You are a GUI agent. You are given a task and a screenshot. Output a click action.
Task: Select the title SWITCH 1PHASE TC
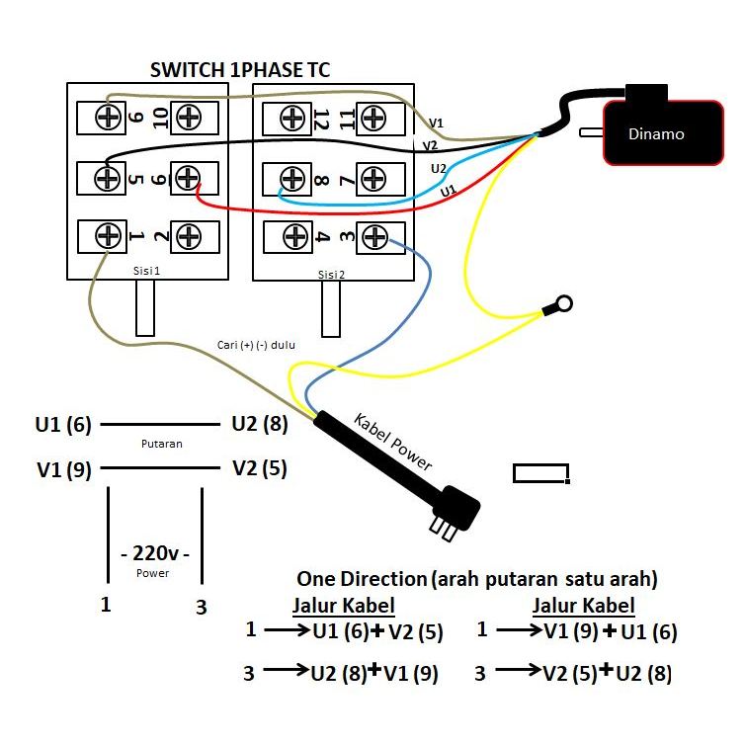click(x=240, y=70)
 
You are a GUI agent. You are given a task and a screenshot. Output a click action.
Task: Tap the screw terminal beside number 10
click(x=189, y=118)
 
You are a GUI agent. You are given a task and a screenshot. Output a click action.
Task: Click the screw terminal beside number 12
click(x=291, y=119)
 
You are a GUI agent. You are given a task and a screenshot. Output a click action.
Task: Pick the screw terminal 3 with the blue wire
click(x=373, y=236)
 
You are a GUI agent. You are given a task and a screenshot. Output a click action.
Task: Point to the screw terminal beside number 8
click(x=291, y=178)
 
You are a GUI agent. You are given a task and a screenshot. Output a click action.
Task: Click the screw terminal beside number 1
click(x=107, y=236)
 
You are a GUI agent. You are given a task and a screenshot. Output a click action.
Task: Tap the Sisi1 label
click(x=146, y=269)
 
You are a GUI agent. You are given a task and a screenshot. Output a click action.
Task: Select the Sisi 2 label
click(x=331, y=275)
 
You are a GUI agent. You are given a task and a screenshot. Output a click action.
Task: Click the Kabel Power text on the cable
click(x=393, y=442)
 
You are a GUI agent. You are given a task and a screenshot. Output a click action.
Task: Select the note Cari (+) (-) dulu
click(x=257, y=345)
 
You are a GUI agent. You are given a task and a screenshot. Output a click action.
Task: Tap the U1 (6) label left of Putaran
click(x=63, y=425)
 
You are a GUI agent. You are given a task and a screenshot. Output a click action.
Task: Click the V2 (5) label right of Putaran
click(x=259, y=468)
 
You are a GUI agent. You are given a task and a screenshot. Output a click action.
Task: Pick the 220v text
click(x=153, y=553)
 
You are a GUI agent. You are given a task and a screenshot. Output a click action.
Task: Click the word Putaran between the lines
click(x=162, y=444)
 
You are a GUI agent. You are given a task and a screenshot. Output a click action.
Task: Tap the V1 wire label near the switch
click(x=436, y=123)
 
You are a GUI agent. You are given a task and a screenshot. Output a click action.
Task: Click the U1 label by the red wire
click(x=449, y=190)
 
